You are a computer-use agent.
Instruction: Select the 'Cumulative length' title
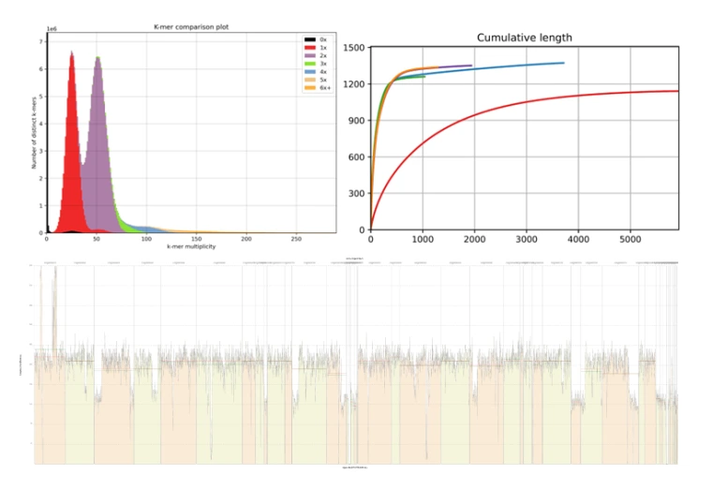click(524, 37)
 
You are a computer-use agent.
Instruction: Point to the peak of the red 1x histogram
click(71, 52)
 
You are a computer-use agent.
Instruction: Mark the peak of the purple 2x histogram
click(97, 58)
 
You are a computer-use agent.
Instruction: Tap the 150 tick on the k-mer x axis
click(196, 239)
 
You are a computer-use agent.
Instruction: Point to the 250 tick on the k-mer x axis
click(295, 239)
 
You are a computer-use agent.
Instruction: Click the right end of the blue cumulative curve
click(563, 63)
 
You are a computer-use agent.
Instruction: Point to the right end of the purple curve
click(471, 66)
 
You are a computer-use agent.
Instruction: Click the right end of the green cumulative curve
click(424, 76)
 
